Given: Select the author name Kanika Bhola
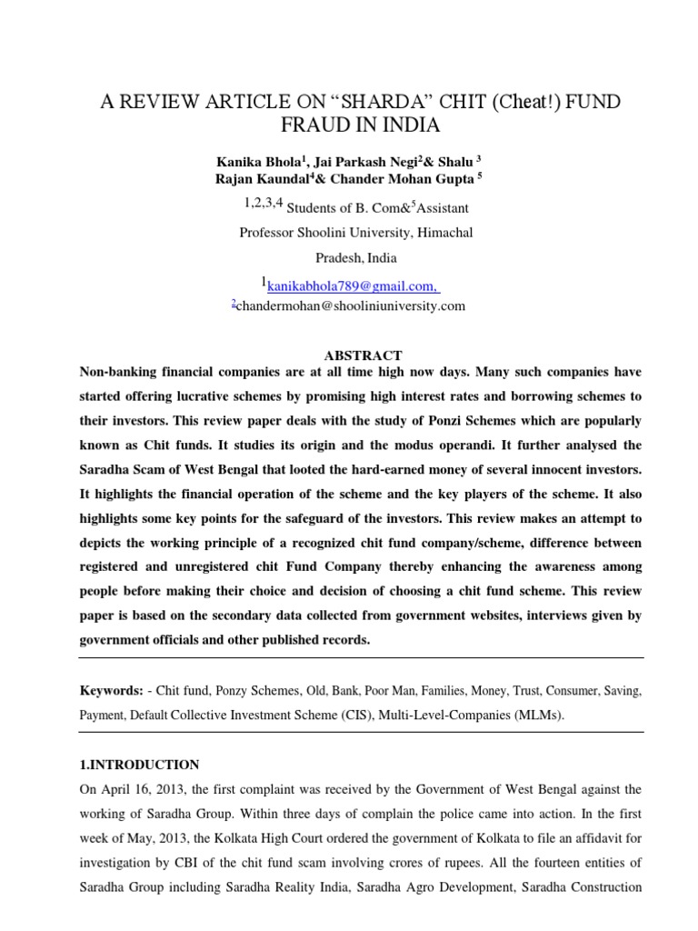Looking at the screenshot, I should (x=256, y=161).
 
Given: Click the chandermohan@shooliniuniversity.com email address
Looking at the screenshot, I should (x=351, y=305).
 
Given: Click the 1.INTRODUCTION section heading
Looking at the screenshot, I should (x=139, y=765).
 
